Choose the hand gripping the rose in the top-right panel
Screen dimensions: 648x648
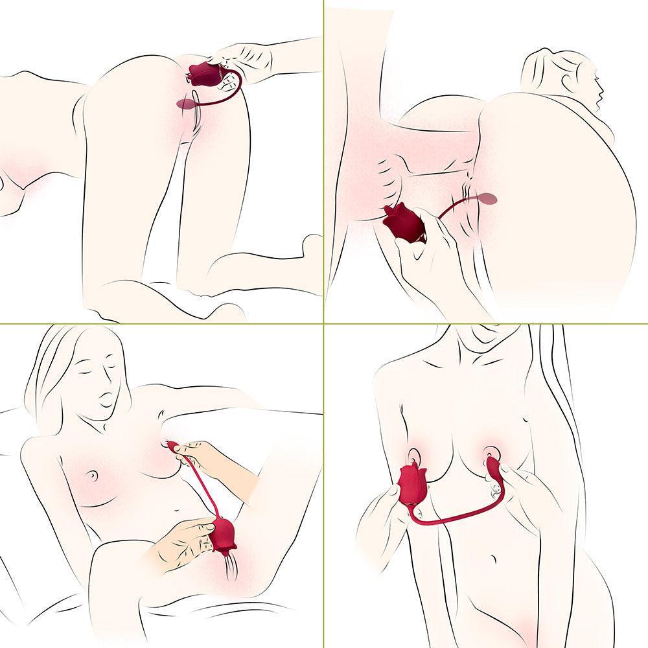click(x=431, y=253)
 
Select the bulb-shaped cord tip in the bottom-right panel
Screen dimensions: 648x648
click(x=495, y=467)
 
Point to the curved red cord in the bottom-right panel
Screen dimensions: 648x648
click(x=454, y=515)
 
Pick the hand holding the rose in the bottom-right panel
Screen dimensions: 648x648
click(x=382, y=512)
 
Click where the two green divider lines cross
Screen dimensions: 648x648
click(x=323, y=323)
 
